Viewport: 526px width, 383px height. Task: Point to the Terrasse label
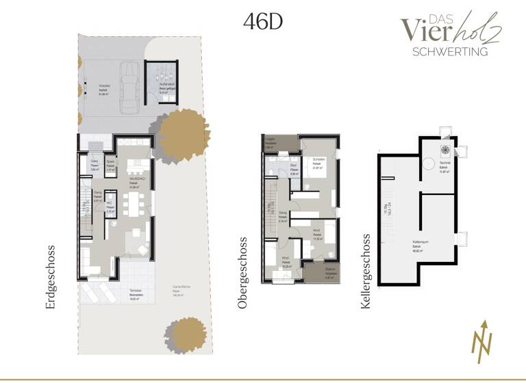[x=136, y=290]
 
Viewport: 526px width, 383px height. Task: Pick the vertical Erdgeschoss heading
[x=50, y=277]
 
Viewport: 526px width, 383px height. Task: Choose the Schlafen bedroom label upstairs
[x=318, y=160]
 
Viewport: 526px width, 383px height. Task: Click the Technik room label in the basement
[x=444, y=169]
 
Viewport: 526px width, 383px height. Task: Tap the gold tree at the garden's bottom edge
[x=184, y=332]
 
